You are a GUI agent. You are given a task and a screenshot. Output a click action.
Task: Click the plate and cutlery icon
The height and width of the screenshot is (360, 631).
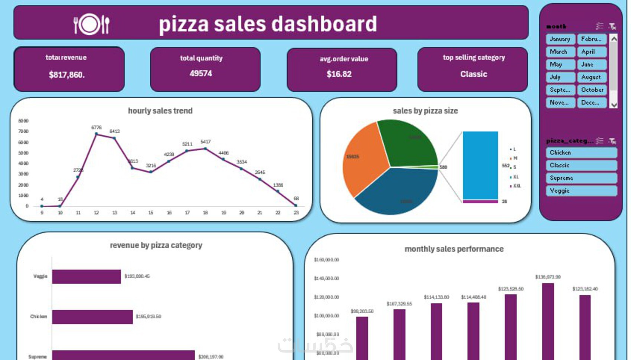pyautogui.click(x=91, y=24)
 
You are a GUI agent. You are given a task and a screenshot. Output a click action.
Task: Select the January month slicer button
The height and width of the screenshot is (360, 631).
pyautogui.click(x=560, y=39)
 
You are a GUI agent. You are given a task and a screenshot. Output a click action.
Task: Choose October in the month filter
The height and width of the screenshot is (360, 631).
pyautogui.click(x=592, y=90)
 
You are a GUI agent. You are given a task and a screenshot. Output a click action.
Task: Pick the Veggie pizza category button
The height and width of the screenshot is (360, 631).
pyautogui.click(x=581, y=191)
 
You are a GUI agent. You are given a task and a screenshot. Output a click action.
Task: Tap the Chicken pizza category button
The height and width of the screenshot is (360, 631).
pyautogui.click(x=581, y=153)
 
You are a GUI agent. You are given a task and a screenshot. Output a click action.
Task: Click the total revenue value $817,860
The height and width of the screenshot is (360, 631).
pyautogui.click(x=67, y=75)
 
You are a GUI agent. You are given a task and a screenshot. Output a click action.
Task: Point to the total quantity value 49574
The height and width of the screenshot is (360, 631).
pyautogui.click(x=201, y=73)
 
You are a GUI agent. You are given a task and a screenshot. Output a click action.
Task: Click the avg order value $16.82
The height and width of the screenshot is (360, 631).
pyautogui.click(x=339, y=74)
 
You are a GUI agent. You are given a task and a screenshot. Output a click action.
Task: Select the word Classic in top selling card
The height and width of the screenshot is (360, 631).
pyautogui.click(x=474, y=74)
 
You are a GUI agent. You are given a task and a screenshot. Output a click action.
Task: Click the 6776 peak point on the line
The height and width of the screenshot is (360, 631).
pyautogui.click(x=97, y=134)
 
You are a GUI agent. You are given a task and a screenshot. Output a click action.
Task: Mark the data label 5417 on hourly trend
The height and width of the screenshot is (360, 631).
pyautogui.click(x=205, y=142)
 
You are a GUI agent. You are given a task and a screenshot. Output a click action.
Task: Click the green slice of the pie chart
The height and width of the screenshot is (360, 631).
pyautogui.click(x=406, y=143)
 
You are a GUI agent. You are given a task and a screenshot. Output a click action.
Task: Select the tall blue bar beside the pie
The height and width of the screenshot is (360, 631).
pyautogui.click(x=480, y=165)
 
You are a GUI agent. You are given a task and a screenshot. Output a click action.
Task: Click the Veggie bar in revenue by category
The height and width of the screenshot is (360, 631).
pyautogui.click(x=86, y=276)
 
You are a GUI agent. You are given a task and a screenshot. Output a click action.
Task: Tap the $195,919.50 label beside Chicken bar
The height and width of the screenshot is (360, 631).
pyautogui.click(x=148, y=317)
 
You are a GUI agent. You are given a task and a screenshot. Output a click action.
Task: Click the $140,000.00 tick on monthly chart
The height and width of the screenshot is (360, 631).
pyautogui.click(x=327, y=278)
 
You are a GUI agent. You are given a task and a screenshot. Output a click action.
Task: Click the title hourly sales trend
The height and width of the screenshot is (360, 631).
pyautogui.click(x=160, y=111)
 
